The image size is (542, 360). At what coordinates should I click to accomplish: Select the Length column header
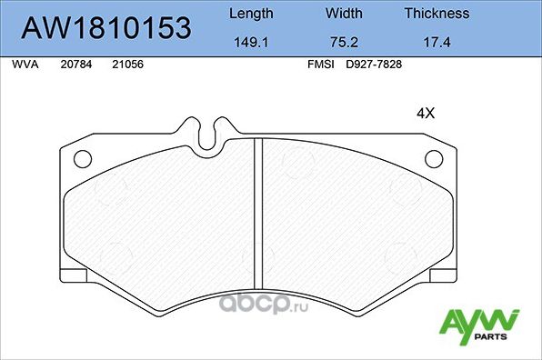click(250, 14)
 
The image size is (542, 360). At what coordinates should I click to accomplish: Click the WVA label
click(24, 65)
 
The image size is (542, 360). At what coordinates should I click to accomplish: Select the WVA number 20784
click(75, 65)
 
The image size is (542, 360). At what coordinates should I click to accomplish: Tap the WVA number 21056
click(126, 65)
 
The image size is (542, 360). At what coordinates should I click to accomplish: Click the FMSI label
click(322, 65)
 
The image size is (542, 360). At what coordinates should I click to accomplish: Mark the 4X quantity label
click(426, 114)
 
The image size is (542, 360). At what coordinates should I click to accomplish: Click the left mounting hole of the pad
click(82, 160)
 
